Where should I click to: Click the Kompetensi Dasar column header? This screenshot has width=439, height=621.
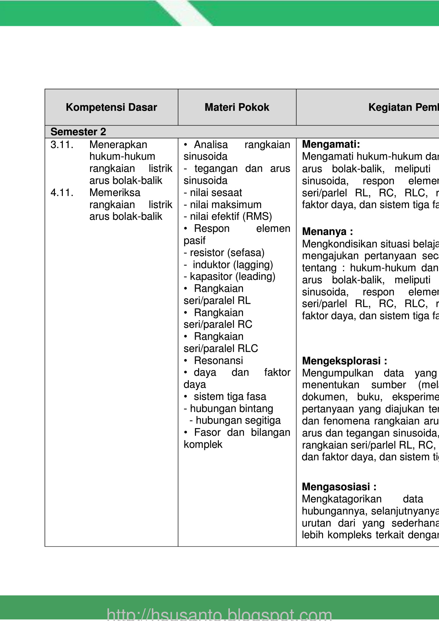111,107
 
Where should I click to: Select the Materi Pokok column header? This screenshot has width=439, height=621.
237,107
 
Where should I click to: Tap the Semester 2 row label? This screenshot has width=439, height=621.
78,132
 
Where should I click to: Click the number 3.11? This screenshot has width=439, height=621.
62,145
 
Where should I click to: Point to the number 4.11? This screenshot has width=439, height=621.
62,193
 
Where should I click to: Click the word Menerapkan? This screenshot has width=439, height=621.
118,145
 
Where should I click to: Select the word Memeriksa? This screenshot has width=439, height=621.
115,193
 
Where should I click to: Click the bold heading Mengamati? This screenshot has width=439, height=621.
331,144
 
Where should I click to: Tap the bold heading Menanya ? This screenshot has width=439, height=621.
327,231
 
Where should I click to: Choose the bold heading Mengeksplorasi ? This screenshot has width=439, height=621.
344,361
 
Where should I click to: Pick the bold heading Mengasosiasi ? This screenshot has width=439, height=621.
339,487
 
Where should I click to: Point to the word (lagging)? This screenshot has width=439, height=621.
253,265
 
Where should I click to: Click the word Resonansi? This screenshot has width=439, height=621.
218,361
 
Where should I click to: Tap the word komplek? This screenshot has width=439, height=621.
203,444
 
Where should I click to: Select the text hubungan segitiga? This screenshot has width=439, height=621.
238,420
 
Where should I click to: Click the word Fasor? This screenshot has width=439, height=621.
207,432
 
